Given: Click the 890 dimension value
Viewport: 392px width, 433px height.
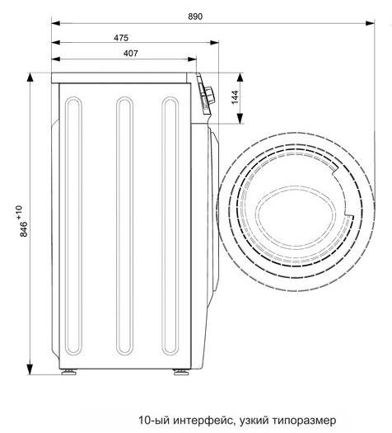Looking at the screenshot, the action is click(x=195, y=16).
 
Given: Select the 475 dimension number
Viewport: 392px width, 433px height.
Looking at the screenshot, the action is click(x=121, y=38).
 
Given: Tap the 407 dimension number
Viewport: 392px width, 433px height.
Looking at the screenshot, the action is click(x=131, y=53).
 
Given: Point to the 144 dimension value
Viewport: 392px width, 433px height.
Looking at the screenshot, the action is click(x=235, y=97).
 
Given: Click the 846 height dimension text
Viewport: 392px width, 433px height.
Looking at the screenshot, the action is click(x=24, y=229).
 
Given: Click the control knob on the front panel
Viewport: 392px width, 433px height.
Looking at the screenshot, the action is click(x=209, y=96).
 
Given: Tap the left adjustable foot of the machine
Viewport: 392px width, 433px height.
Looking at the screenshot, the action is click(x=69, y=372).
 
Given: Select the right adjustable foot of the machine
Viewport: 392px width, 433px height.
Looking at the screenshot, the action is click(x=181, y=372).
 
